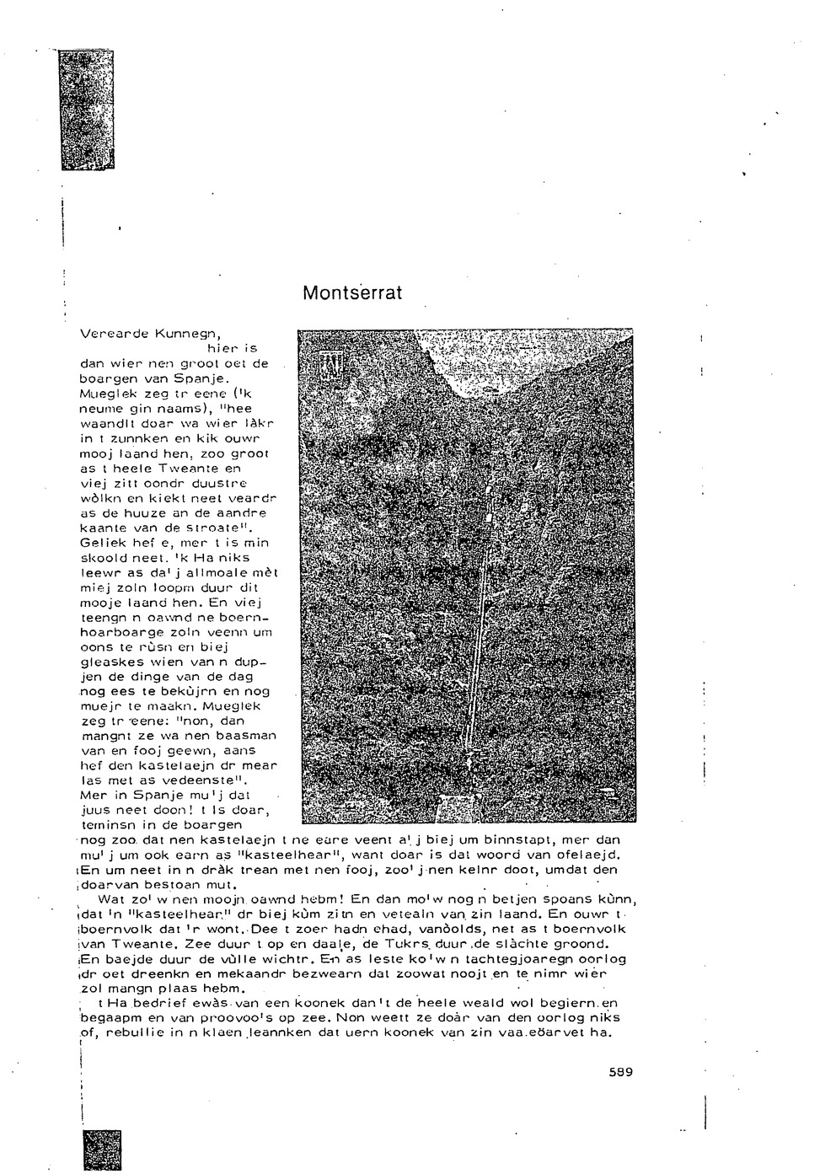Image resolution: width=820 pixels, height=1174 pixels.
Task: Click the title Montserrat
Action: point(352,293)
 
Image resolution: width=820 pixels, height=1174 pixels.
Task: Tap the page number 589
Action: point(619,1072)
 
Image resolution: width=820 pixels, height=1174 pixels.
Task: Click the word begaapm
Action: point(107,1018)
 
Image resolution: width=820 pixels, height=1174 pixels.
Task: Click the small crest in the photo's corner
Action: point(326,365)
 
